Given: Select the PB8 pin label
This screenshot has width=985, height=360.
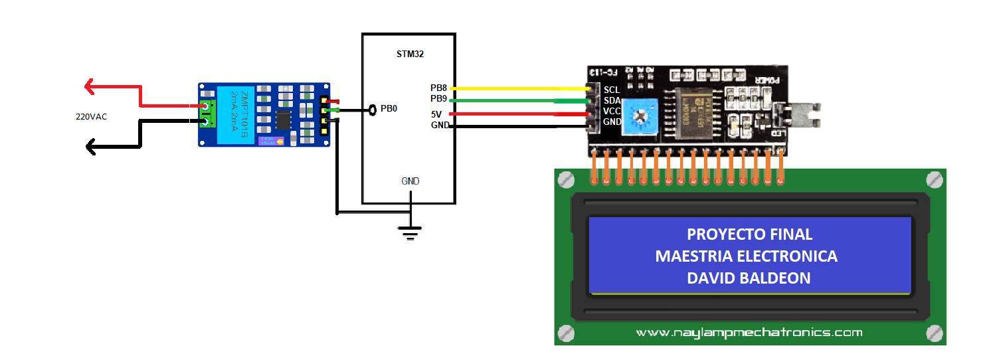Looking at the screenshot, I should [x=439, y=88].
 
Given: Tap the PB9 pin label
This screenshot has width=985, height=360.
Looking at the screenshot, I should [x=439, y=99].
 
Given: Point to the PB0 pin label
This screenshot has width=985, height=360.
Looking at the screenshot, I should [x=389, y=108].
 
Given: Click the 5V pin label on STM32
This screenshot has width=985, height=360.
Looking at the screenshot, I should [x=436, y=114].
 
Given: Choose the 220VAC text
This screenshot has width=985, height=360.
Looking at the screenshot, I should [x=91, y=117].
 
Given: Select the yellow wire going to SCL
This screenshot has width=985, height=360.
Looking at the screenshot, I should [x=518, y=88].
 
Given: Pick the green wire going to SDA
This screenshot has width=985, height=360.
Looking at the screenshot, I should [x=518, y=101].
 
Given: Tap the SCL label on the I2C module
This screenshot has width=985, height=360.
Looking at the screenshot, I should [x=611, y=90].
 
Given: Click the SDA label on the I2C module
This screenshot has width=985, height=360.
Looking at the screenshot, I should [x=611, y=100].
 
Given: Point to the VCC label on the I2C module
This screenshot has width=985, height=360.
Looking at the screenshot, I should [x=612, y=112].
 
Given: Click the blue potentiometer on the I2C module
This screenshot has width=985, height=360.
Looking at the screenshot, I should [x=641, y=115].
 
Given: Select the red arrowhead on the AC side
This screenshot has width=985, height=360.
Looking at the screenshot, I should [x=90, y=86].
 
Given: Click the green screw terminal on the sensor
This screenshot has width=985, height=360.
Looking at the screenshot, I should [x=208, y=114].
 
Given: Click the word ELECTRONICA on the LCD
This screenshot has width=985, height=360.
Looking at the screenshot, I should [x=791, y=256].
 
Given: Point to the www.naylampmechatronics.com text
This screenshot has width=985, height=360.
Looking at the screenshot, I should [x=749, y=332].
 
